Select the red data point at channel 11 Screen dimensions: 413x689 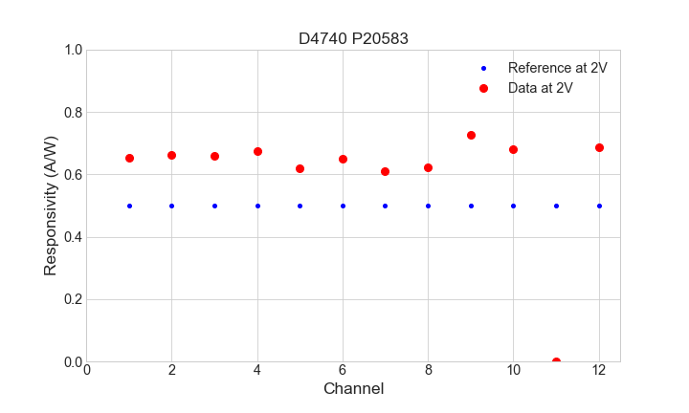(556, 361)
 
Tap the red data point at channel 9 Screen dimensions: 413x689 (471, 135)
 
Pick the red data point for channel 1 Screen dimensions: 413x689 (129, 158)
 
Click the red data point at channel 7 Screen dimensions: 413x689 (385, 171)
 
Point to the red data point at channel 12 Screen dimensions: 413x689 (599, 147)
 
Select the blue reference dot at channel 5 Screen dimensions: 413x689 (300, 206)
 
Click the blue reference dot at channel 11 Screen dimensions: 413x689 (556, 206)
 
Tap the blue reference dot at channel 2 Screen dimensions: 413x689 (171, 206)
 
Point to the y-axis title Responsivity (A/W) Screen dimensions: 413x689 (51, 206)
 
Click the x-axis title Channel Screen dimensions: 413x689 (353, 389)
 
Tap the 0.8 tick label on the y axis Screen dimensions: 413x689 (72, 113)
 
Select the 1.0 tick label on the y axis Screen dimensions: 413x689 (72, 50)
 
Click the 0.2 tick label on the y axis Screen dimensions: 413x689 (72, 299)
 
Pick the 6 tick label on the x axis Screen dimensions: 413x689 (343, 371)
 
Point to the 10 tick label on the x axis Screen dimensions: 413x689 (513, 371)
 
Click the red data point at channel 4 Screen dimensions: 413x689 (257, 151)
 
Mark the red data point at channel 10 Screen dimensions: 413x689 (513, 149)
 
